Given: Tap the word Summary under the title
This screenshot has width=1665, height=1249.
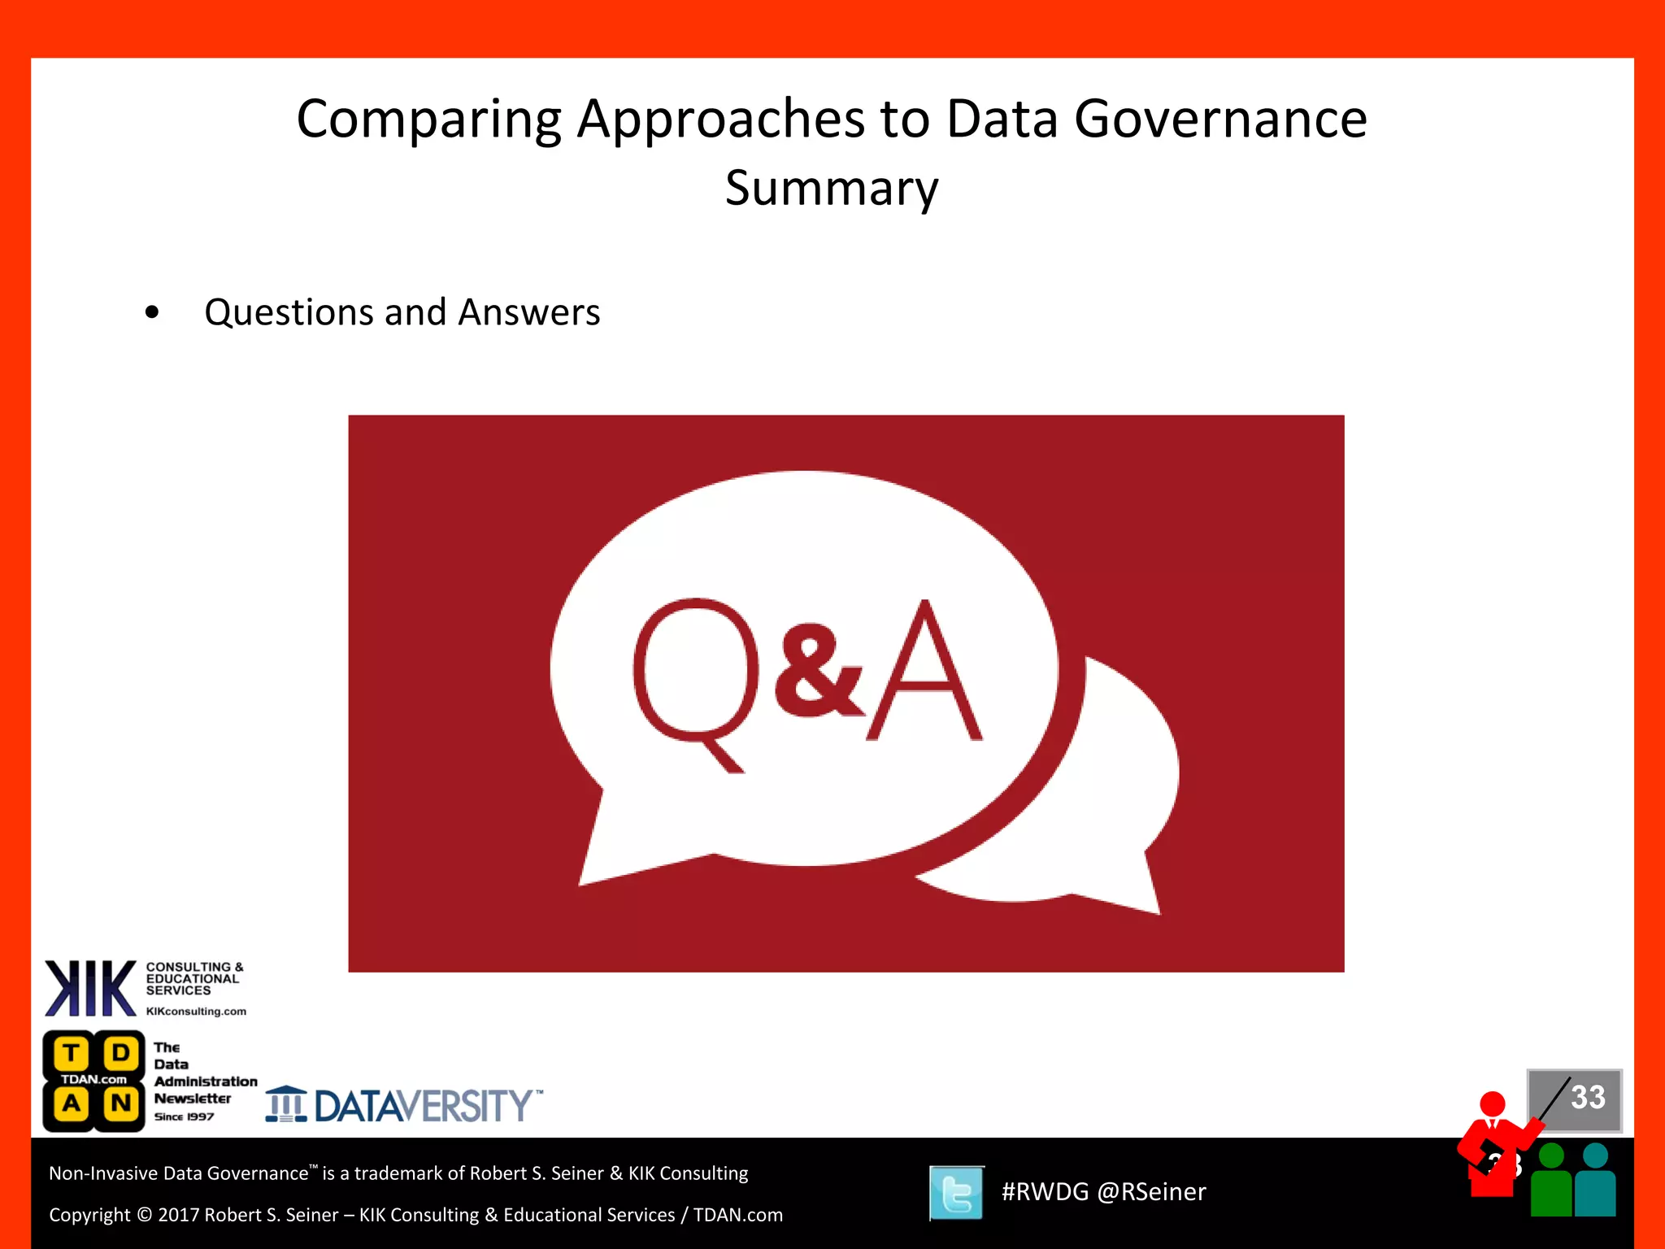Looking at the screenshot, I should click(832, 189).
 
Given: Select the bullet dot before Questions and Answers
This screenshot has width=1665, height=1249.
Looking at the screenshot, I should click(152, 312).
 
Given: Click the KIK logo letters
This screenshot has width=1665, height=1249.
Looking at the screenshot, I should click(89, 989).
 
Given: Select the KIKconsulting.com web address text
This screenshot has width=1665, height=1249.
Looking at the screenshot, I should click(196, 1012).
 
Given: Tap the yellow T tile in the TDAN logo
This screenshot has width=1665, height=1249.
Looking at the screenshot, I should click(72, 1054).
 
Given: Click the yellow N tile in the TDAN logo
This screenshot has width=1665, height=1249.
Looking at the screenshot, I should click(121, 1103).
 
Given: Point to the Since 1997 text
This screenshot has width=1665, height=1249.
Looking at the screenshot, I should click(184, 1117).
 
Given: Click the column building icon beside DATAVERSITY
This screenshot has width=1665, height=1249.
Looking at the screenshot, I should click(286, 1104).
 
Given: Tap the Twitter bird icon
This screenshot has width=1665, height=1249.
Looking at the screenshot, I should click(956, 1193).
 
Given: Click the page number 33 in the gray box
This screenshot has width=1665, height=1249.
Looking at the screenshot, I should click(1587, 1097).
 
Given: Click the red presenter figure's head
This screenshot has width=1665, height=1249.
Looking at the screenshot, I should click(1493, 1104).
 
